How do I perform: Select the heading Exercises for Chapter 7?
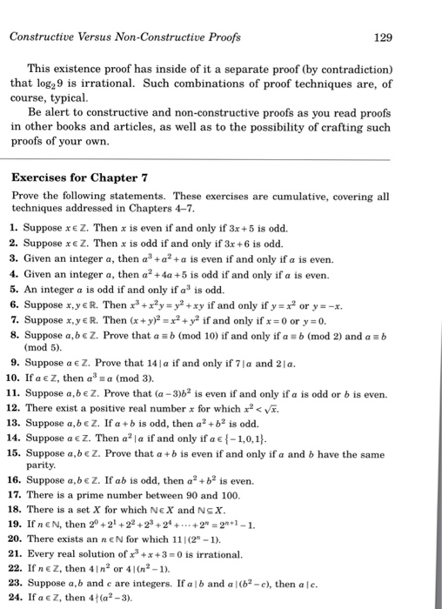pos(80,177)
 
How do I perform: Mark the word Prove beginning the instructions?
pos(26,197)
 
